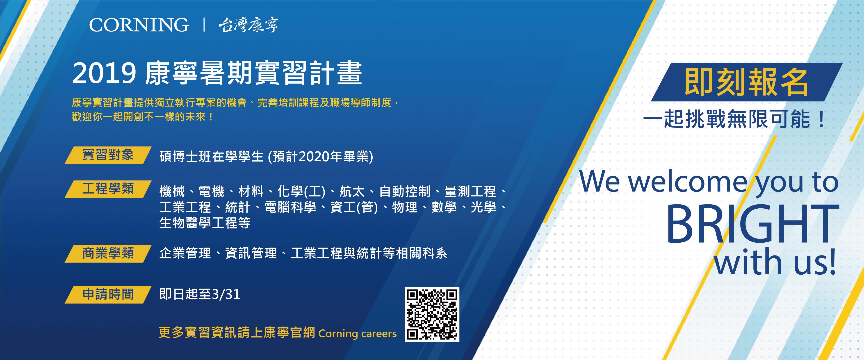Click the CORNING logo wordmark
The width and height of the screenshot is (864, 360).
(139, 25)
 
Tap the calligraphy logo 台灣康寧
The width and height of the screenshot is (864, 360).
(248, 25)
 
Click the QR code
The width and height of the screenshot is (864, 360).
(432, 314)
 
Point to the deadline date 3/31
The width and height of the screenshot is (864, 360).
(226, 294)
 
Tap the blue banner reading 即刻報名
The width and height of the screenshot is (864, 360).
(747, 82)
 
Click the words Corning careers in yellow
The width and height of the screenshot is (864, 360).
(358, 333)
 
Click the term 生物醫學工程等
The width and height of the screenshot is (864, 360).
(205, 223)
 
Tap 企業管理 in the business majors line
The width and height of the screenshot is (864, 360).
(185, 253)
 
